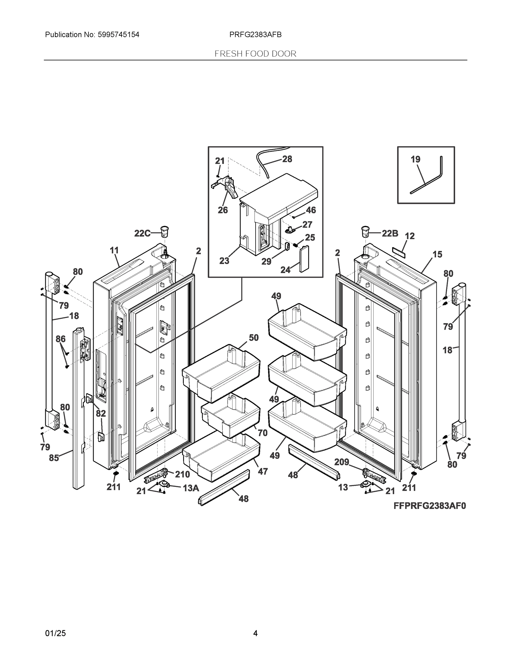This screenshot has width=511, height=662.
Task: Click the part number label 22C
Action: pyautogui.click(x=142, y=233)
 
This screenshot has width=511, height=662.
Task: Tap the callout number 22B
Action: pyautogui.click(x=390, y=233)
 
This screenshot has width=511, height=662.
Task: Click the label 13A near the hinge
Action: pyautogui.click(x=191, y=488)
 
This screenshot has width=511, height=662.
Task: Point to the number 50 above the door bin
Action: pyautogui.click(x=254, y=338)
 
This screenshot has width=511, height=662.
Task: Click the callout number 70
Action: pyautogui.click(x=263, y=433)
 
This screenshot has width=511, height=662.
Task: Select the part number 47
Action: pyautogui.click(x=263, y=471)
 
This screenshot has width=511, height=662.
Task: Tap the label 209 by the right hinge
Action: pyautogui.click(x=342, y=462)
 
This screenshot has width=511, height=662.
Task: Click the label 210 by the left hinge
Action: pyautogui.click(x=182, y=474)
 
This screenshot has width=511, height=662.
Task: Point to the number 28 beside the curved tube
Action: pyautogui.click(x=287, y=159)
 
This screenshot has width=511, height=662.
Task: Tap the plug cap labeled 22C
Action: pyautogui.click(x=164, y=232)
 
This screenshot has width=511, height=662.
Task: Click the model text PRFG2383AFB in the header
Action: pyautogui.click(x=255, y=34)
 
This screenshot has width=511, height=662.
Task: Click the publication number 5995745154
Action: pyautogui.click(x=118, y=34)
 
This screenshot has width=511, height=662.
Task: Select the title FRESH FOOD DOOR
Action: pyautogui.click(x=255, y=54)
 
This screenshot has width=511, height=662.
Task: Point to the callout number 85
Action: pyautogui.click(x=54, y=458)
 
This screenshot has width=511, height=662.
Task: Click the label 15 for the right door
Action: pyautogui.click(x=437, y=254)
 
